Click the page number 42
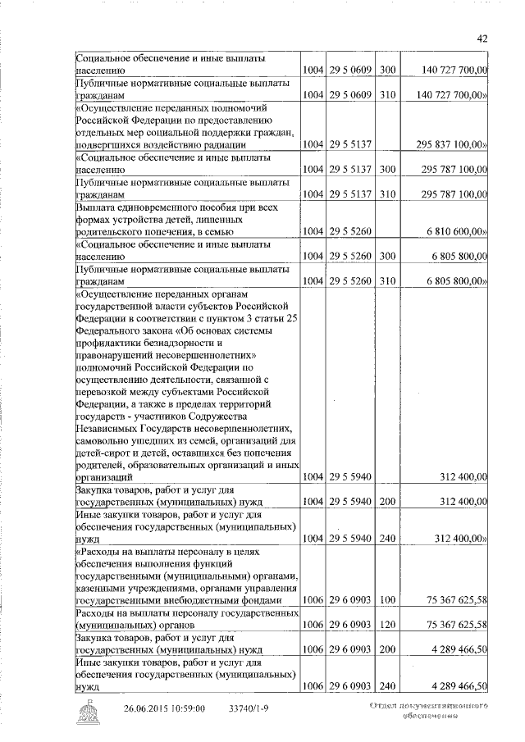(482, 38)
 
